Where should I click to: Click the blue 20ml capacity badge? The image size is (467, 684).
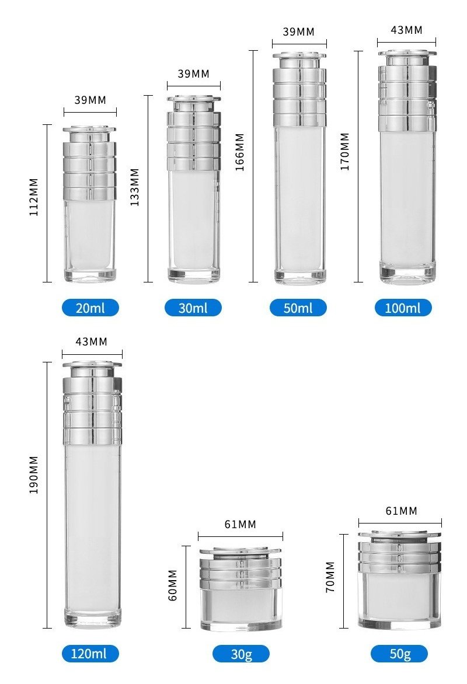pos(90,308)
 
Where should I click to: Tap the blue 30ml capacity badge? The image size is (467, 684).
pos(193,308)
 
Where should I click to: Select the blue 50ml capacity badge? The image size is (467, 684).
pos(298,308)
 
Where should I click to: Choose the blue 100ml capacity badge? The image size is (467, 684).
pos(403,308)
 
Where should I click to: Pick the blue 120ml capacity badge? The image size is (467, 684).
pos(90,654)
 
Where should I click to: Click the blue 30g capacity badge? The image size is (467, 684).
pos(241,654)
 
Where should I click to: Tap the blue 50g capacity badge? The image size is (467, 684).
pos(399,654)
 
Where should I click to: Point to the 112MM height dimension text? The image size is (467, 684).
pos(34,197)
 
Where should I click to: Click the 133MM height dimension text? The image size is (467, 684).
pos(135,187)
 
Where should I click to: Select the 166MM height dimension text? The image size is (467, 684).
pos(239,152)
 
